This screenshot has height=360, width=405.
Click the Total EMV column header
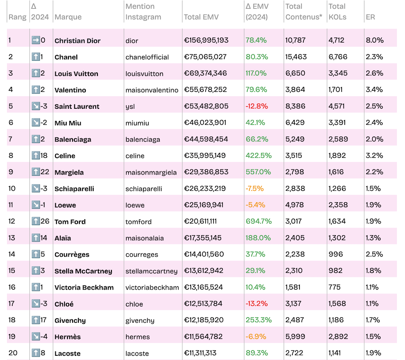click(x=201, y=17)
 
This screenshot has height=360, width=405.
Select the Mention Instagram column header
click(x=143, y=12)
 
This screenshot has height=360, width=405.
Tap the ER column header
click(x=370, y=17)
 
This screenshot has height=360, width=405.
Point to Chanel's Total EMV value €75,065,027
click(x=205, y=57)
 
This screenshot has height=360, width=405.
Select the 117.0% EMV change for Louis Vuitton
click(x=256, y=73)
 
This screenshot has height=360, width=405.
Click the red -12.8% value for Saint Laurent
click(x=256, y=106)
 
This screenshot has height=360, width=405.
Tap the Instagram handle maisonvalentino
click(x=151, y=90)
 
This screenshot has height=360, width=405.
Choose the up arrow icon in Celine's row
click(x=35, y=156)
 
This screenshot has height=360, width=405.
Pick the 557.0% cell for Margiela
click(x=258, y=172)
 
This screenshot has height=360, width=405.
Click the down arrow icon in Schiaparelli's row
click(x=35, y=188)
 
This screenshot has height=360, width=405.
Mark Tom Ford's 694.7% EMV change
click(x=258, y=221)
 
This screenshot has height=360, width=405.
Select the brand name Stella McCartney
click(x=83, y=271)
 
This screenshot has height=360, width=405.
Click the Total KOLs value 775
click(x=335, y=287)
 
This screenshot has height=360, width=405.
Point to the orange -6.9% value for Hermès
click(x=255, y=337)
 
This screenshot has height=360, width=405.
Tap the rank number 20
click(x=13, y=353)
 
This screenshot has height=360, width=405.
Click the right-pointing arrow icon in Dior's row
click(x=35, y=40)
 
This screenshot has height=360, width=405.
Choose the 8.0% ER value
click(x=375, y=40)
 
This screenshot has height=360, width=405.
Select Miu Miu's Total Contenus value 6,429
click(x=295, y=123)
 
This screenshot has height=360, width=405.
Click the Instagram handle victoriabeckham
click(x=152, y=287)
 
